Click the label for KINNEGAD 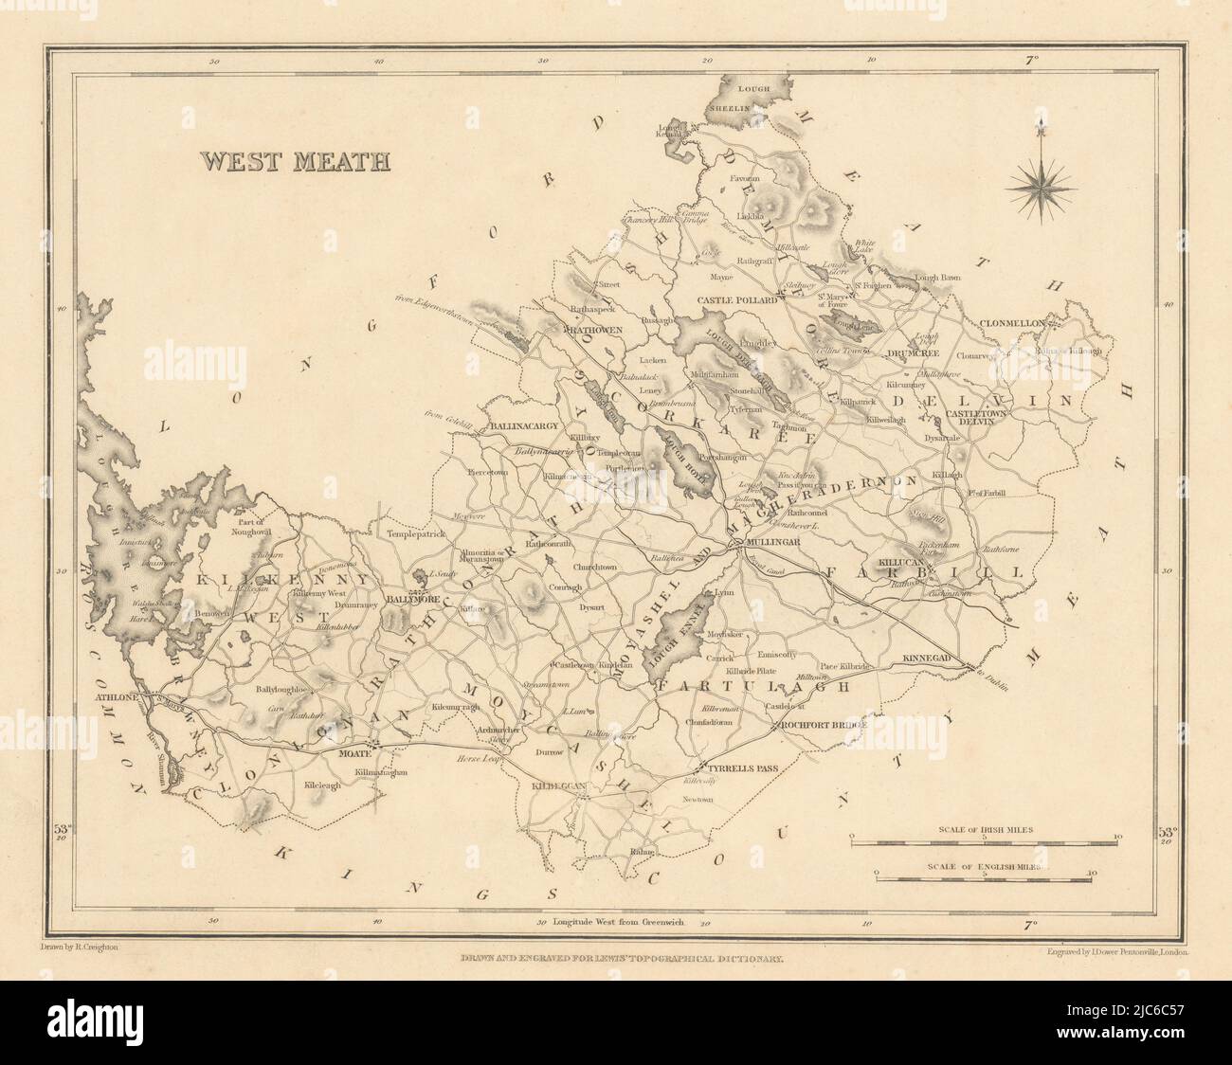click(x=933, y=657)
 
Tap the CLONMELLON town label click(x=1011, y=323)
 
